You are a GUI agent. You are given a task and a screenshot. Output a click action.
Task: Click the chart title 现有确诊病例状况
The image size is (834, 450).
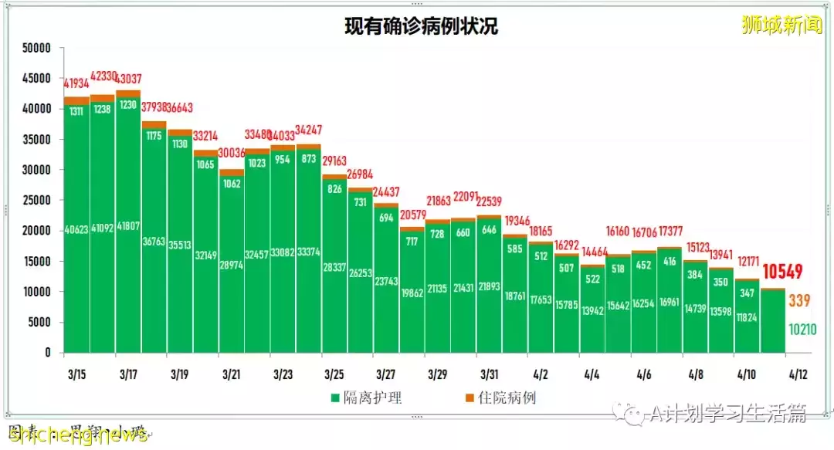click(421, 26)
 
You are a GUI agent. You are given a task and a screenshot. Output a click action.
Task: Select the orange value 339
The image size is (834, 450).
click(798, 301)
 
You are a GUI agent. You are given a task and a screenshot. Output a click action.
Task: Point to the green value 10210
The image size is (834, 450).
click(798, 330)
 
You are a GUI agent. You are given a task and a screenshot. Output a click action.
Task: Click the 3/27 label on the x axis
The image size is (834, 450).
click(386, 374)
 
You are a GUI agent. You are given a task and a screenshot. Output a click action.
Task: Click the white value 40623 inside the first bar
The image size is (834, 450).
click(76, 229)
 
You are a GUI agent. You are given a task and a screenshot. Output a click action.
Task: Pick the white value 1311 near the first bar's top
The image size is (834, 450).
click(76, 111)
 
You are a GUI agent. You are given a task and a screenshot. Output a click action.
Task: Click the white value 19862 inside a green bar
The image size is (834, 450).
click(412, 293)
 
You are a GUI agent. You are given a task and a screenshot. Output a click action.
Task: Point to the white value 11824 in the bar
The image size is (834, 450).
click(747, 317)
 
